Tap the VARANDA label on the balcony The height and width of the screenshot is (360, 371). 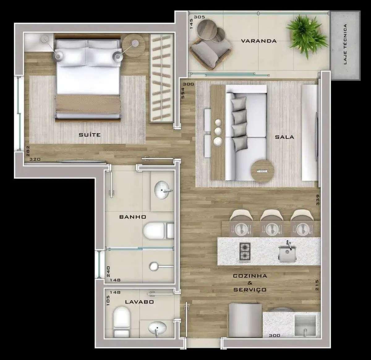pyautogui.click(x=259, y=41)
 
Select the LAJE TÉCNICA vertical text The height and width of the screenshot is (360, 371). pyautogui.click(x=345, y=44)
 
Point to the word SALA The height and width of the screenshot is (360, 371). pyautogui.click(x=284, y=137)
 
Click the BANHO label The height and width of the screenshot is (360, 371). pyautogui.click(x=133, y=217)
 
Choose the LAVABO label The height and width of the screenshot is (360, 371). pyautogui.click(x=139, y=302)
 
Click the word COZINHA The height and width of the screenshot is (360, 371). pyautogui.click(x=250, y=276)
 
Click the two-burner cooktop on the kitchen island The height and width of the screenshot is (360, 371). pyautogui.click(x=245, y=252)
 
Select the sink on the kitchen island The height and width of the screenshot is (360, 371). pyautogui.click(x=287, y=252)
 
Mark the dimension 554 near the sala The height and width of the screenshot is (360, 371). pyautogui.click(x=183, y=93)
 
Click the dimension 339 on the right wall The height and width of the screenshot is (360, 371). pyautogui.click(x=317, y=200)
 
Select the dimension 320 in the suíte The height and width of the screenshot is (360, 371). pyautogui.click(x=35, y=159)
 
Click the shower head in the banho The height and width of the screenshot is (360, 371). pyautogui.click(x=154, y=267)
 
